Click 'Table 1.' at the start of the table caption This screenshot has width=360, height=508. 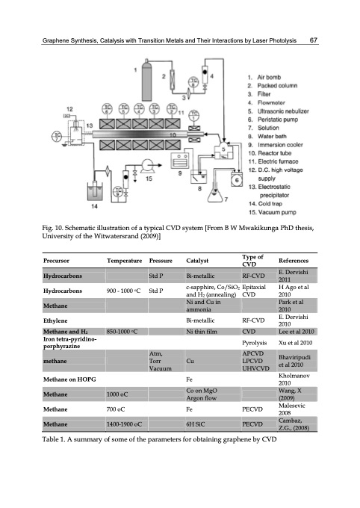(58, 461)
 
